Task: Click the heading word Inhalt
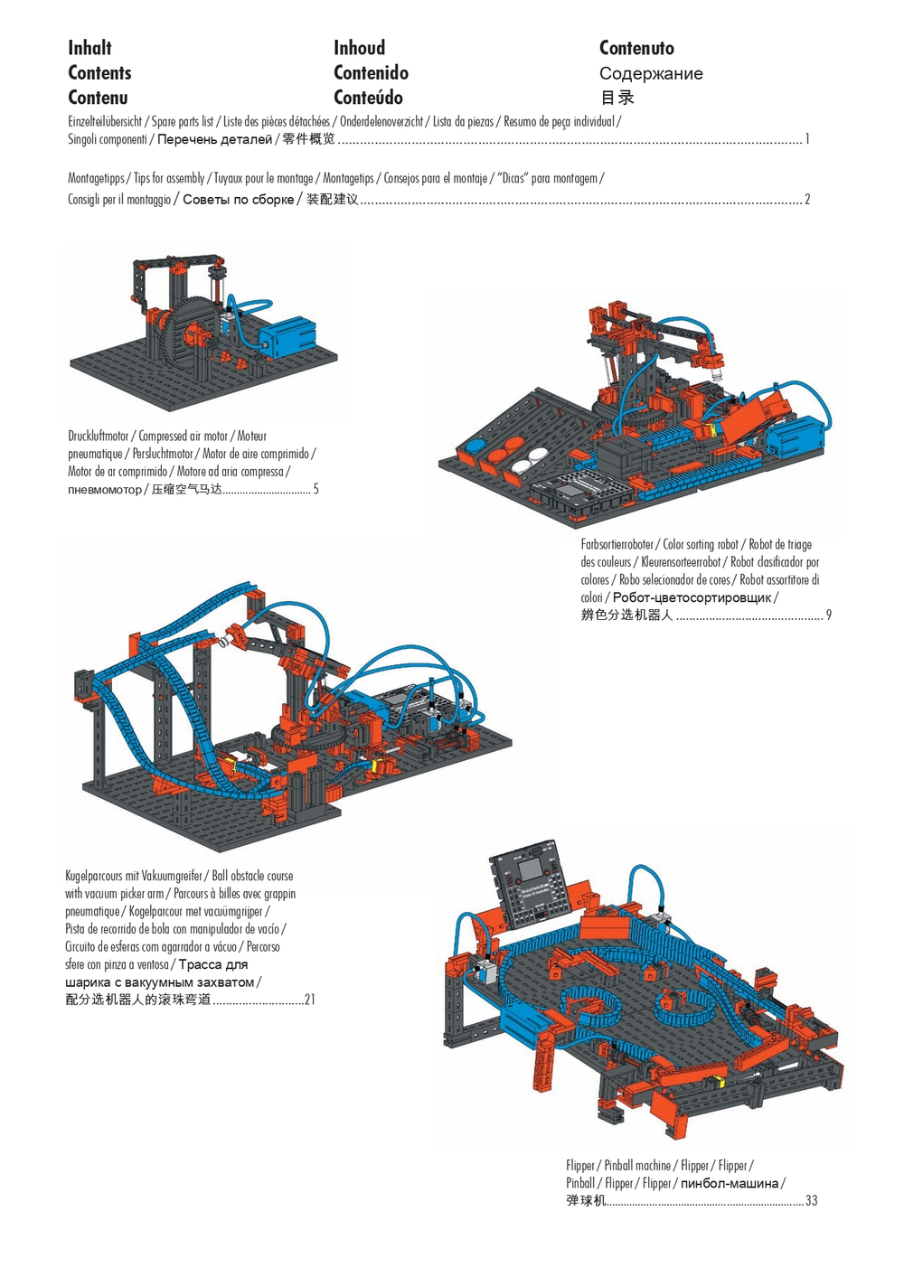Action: [x=89, y=48]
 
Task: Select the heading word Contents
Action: [x=99, y=73]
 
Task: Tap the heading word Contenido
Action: [x=371, y=73]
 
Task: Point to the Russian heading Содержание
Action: [x=651, y=74]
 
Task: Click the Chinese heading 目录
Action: [x=617, y=98]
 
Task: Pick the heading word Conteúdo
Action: [x=368, y=98]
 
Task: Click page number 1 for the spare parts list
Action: [x=807, y=139]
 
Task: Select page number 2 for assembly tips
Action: [x=807, y=200]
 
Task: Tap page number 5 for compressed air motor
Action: [x=315, y=490]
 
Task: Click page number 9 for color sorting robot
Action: [x=828, y=615]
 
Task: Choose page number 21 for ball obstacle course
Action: [x=309, y=1000]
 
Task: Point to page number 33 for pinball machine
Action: [x=811, y=1201]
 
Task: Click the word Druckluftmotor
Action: [x=99, y=437]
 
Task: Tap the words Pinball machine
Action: [x=637, y=1166]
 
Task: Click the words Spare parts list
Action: [x=183, y=122]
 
